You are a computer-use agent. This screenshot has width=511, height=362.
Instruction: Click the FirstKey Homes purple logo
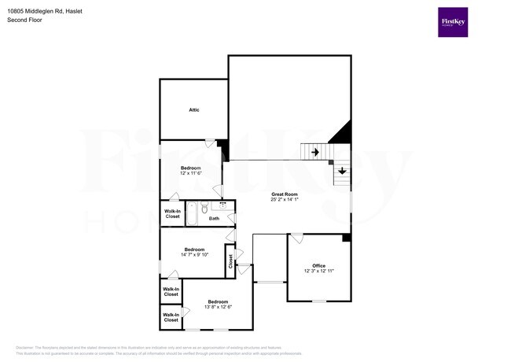click(453, 22)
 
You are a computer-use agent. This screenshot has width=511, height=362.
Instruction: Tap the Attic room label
click(193, 109)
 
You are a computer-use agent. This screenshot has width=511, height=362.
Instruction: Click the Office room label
click(318, 265)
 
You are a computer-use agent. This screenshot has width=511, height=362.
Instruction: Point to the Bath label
click(214, 218)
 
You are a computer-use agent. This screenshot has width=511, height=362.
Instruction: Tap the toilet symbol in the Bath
click(205, 208)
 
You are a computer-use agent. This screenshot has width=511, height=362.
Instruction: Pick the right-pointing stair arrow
click(314, 152)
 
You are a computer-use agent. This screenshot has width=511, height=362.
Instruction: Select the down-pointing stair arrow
click(342, 171)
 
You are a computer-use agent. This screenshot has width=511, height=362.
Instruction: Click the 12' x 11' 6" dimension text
click(191, 173)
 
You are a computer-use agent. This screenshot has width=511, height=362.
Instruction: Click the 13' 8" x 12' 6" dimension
click(218, 307)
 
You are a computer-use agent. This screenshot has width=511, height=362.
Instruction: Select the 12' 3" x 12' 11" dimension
click(318, 271)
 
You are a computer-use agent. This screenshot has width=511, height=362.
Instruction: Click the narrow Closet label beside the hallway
click(230, 261)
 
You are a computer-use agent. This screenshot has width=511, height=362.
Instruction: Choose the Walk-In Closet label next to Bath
click(172, 214)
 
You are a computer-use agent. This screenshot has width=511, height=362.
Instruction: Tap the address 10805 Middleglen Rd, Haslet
click(50, 12)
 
